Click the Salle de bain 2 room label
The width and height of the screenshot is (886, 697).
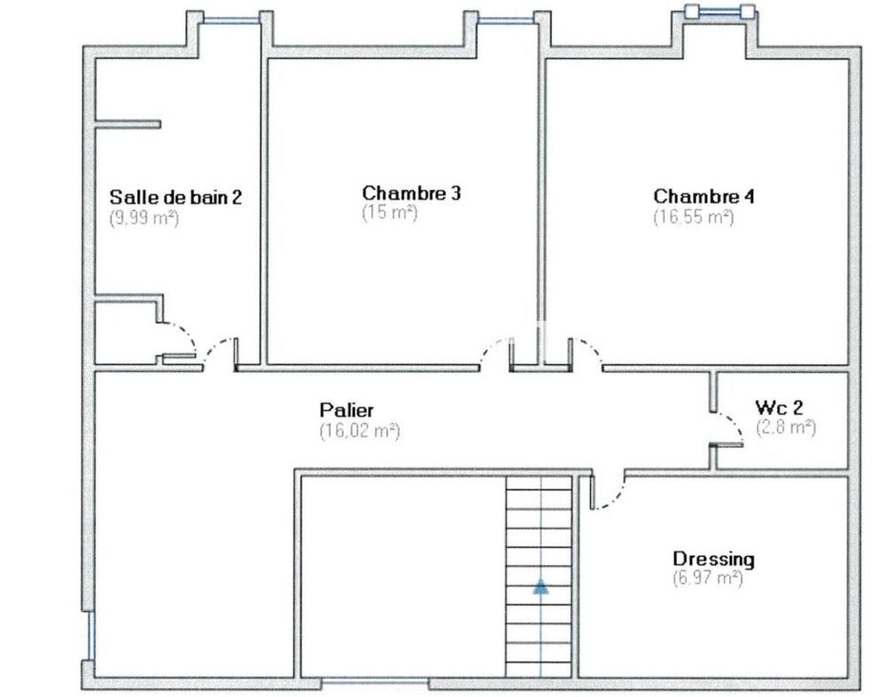[x=175, y=197]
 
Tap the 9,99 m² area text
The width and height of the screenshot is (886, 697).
[x=144, y=217]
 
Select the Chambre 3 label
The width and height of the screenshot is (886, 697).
[x=411, y=192]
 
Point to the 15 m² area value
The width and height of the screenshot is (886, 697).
[x=389, y=213]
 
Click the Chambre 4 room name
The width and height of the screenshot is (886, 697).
[x=703, y=196]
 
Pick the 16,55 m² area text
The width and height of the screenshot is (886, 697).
[x=693, y=216]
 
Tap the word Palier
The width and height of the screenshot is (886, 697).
[x=346, y=410]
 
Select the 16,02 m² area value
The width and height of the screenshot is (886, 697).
[x=359, y=431]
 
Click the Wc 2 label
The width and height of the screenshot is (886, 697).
[x=779, y=407]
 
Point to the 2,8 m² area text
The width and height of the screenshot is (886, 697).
[x=785, y=427]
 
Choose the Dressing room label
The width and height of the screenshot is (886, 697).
[x=713, y=559]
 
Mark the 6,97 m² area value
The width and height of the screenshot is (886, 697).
[x=707, y=578]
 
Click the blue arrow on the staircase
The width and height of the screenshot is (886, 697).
[x=540, y=586]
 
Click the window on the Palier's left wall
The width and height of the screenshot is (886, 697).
[x=89, y=633]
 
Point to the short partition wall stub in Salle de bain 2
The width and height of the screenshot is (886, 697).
[x=128, y=124]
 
